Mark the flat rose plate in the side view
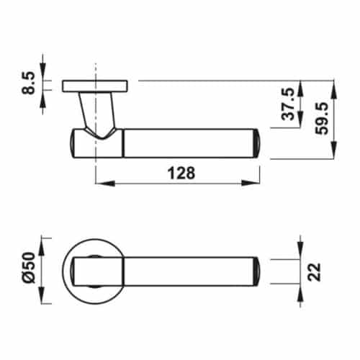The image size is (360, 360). point(95,86)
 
